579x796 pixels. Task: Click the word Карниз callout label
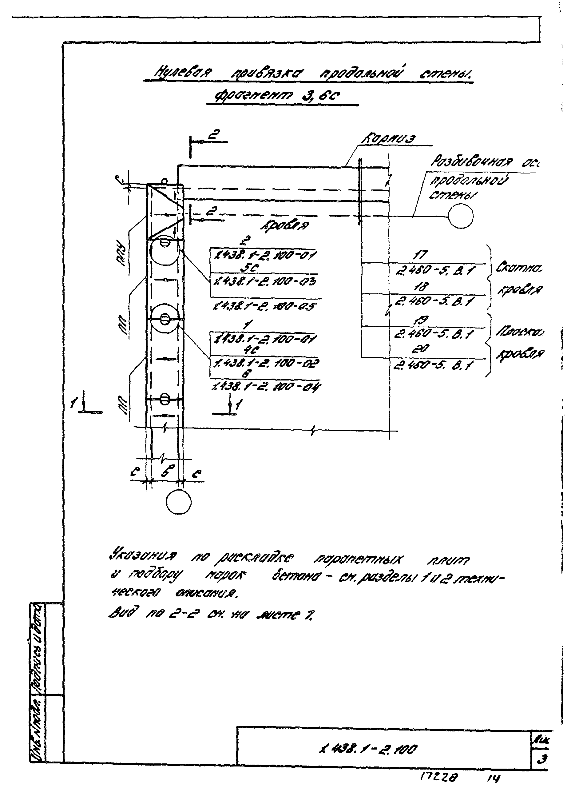(x=388, y=139)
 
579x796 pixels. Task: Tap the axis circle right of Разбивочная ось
(x=460, y=216)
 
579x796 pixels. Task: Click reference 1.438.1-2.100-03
(x=265, y=281)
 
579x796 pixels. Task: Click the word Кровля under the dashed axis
(x=284, y=225)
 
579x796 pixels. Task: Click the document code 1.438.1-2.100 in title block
(x=367, y=750)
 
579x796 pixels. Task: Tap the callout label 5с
(x=251, y=268)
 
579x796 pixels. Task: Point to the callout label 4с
(x=252, y=350)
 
